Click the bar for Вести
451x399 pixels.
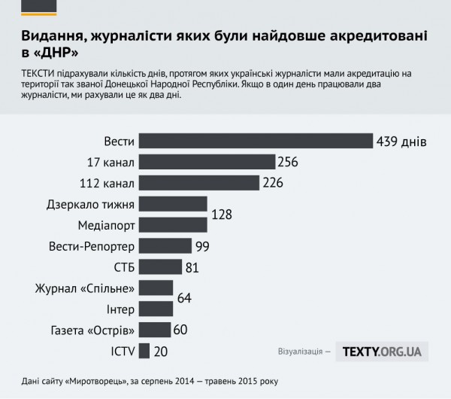[256, 141]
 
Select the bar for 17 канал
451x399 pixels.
[207, 161]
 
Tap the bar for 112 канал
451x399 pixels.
[200, 182]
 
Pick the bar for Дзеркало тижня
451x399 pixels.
[174, 203]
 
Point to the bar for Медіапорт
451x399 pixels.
[174, 224]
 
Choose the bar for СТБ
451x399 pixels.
[161, 267]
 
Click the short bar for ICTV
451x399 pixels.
[144, 351]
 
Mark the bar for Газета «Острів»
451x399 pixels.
[156, 330]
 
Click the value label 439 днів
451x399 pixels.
[403, 141]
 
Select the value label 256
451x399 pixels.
[289, 162]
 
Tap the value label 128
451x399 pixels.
[222, 215]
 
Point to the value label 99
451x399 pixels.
[202, 246]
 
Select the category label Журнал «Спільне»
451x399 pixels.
[86, 288]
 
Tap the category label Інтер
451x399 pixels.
[120, 309]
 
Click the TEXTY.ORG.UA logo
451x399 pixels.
[382, 351]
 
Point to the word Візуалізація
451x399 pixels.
[298, 352]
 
